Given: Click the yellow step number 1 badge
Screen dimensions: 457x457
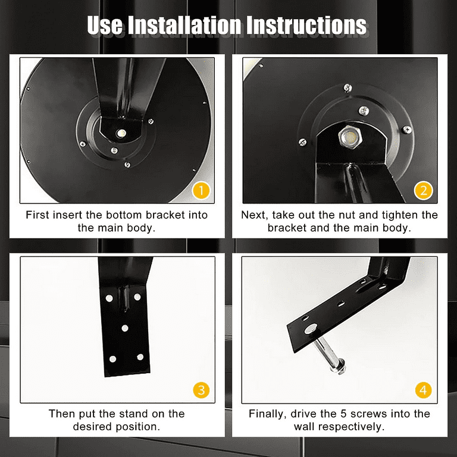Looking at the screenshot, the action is [201, 190].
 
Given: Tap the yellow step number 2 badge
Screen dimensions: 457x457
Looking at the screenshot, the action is [423, 190].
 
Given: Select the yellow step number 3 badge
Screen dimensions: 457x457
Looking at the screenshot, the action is [201, 390].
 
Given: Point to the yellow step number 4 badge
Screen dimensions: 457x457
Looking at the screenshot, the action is [423, 390].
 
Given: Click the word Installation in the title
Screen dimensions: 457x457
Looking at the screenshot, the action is [184, 25].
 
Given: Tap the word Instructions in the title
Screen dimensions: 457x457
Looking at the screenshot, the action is [306, 25].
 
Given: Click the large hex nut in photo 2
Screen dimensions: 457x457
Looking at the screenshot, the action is [350, 137].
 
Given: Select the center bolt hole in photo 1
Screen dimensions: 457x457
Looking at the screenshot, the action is [121, 133].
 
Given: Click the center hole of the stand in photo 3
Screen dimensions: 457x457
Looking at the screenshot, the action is [125, 328].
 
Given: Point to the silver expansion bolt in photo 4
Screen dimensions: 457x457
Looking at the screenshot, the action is [328, 353].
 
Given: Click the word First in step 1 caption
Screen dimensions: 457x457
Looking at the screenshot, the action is [37, 215].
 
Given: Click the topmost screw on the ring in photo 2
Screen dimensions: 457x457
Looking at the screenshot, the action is [348, 87].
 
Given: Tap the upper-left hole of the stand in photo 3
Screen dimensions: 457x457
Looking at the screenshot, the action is [109, 298].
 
